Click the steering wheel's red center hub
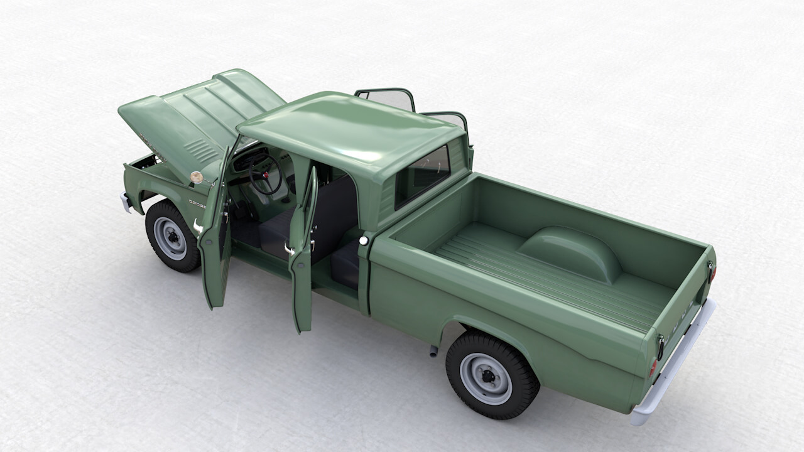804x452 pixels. coord(266,174)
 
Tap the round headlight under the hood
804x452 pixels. coord(197,178)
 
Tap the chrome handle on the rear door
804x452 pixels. coord(290,249)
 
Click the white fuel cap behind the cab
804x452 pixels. coord(362,240)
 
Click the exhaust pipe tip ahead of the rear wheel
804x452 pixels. coord(433,352)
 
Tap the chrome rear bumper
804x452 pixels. coord(675,364)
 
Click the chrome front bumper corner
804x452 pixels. coord(126,202)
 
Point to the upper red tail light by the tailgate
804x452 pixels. coord(712,272)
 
